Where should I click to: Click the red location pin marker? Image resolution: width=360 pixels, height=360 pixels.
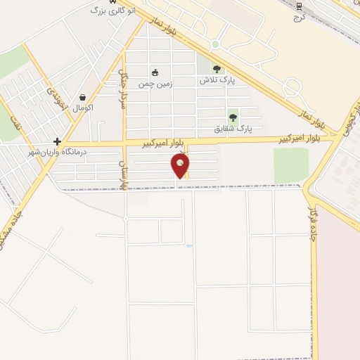(x=180, y=165)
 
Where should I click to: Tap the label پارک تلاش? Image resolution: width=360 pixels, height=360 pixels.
(x=217, y=81)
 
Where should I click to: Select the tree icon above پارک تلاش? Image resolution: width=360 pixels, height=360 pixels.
(x=217, y=69)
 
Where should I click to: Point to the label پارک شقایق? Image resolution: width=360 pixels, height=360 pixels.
(x=233, y=129)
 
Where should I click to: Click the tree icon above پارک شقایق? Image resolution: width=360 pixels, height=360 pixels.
(x=233, y=117)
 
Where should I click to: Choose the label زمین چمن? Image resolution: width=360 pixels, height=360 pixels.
(x=155, y=84)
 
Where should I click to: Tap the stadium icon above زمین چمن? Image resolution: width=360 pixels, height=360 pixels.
(x=155, y=72)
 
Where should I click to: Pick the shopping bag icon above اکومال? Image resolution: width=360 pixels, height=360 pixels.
(x=83, y=98)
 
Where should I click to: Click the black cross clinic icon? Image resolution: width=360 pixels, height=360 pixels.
(x=57, y=141)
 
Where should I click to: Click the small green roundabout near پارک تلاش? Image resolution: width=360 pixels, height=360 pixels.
(x=215, y=44)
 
